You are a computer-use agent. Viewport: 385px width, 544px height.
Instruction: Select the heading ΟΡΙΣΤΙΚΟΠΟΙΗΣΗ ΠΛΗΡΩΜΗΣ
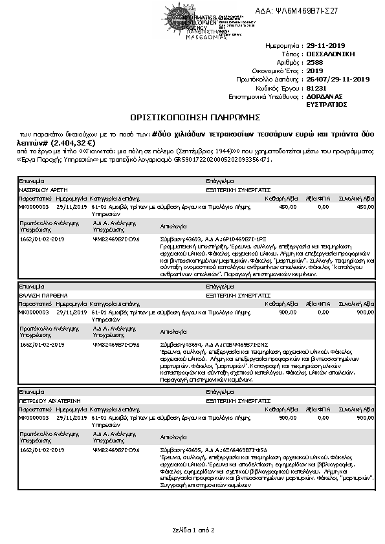[194, 118]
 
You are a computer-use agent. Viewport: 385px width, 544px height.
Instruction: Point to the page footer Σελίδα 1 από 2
[193, 530]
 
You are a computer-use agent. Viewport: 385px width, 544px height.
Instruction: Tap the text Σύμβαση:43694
[181, 344]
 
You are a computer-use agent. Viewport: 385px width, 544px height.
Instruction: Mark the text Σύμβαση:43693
[181, 239]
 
